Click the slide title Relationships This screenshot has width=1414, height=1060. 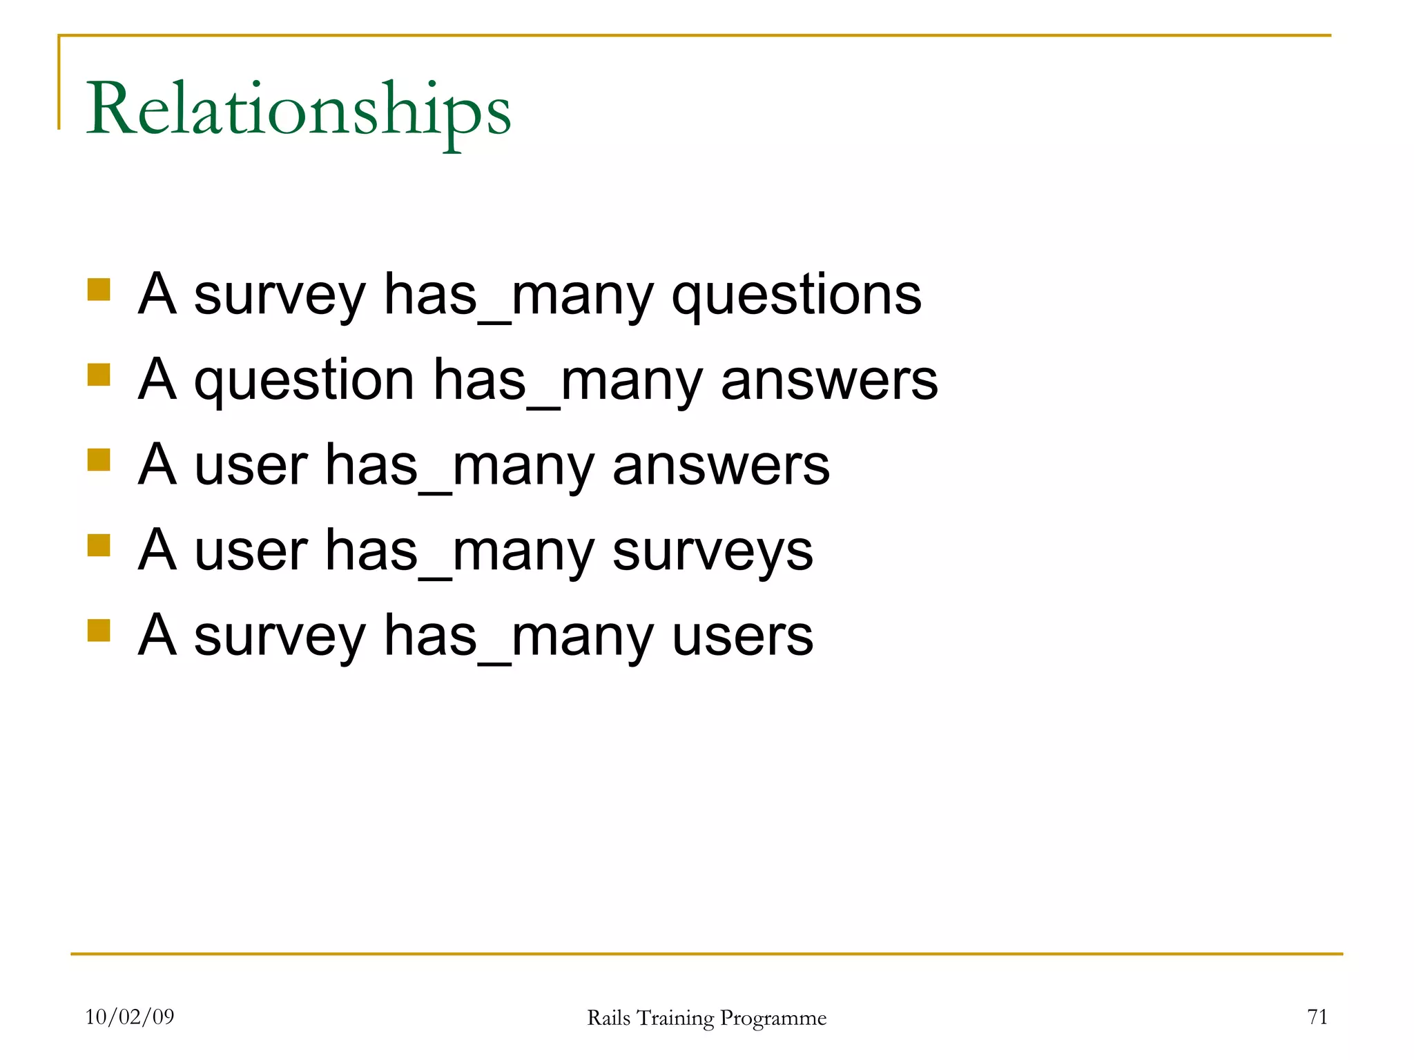pyautogui.click(x=298, y=110)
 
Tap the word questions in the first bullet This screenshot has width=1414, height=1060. pyautogui.click(x=796, y=295)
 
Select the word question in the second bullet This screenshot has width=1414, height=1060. pyautogui.click(x=304, y=381)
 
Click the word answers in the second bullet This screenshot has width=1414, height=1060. pyautogui.click(x=829, y=381)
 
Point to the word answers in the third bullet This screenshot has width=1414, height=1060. pyautogui.click(x=721, y=466)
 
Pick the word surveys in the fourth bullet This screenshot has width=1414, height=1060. pyautogui.click(x=713, y=551)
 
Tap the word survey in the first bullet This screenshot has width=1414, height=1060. pyautogui.click(x=279, y=295)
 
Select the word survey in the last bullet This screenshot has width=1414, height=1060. pyautogui.click(x=279, y=636)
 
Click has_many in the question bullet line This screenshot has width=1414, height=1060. pyautogui.click(x=568, y=381)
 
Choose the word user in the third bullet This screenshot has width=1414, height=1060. pyautogui.click(x=251, y=466)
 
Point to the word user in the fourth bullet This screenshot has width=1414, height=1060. pyautogui.click(x=251, y=551)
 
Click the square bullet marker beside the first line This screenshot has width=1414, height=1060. pyautogui.click(x=99, y=289)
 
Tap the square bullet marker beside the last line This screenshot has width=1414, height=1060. pyautogui.click(x=99, y=630)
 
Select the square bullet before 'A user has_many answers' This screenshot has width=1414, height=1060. pyautogui.click(x=99, y=460)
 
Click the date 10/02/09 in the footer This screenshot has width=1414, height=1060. pyautogui.click(x=130, y=1017)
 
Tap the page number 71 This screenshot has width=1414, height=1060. pyautogui.click(x=1317, y=1017)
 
